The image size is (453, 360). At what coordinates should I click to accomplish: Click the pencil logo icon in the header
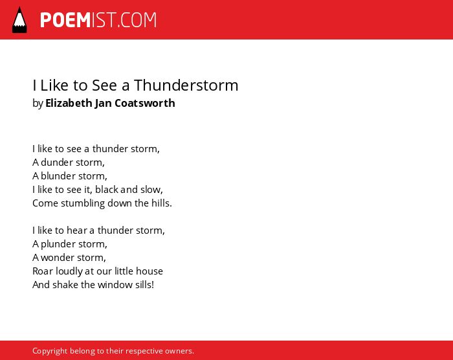click(x=19, y=19)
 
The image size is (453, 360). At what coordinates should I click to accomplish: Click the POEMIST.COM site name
click(x=98, y=20)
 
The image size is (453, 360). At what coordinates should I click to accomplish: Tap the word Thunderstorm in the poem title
click(x=186, y=85)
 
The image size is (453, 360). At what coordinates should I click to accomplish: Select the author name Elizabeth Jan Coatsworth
click(x=110, y=103)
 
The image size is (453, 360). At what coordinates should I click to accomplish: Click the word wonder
click(x=56, y=258)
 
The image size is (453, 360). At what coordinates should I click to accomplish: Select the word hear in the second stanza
click(x=76, y=231)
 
